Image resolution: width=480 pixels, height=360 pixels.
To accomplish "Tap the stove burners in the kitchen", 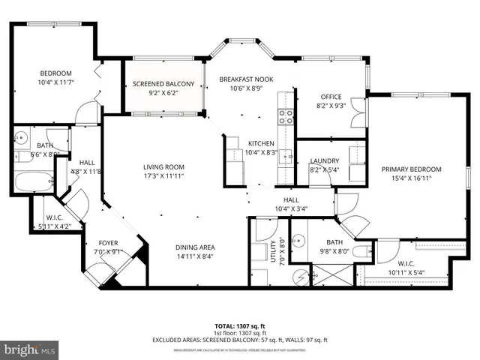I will [286, 115].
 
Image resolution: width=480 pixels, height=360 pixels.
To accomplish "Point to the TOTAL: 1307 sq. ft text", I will [240, 326].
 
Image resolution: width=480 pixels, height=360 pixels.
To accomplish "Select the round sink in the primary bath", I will [301, 241].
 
